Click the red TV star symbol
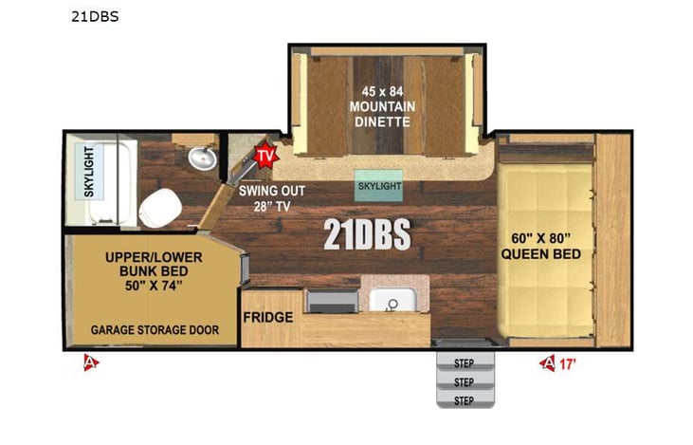tap(264, 155)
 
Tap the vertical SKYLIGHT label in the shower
tap(89, 172)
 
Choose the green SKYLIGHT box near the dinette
tap(378, 186)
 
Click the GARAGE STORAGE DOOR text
tap(155, 330)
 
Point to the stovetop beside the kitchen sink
tap(331, 301)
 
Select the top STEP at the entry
tap(464, 362)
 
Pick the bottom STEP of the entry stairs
tap(464, 399)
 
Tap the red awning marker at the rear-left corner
tap(90, 362)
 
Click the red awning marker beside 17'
tap(547, 362)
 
